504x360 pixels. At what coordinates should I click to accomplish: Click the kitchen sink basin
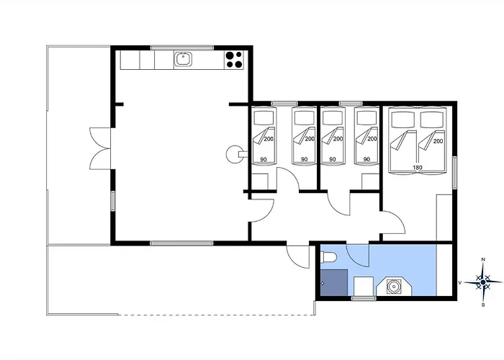(x=183, y=60)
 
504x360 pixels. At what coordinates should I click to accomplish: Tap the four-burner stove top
(x=234, y=60)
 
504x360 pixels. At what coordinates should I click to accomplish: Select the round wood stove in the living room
(x=236, y=154)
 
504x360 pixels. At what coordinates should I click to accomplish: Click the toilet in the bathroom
(x=328, y=257)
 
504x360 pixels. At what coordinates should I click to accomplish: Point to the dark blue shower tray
(x=334, y=282)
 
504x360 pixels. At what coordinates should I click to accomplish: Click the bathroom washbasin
(x=394, y=286)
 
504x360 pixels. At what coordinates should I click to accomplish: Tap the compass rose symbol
(x=483, y=282)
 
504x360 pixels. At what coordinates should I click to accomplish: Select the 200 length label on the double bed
(x=438, y=141)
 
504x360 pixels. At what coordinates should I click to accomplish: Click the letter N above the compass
(x=483, y=259)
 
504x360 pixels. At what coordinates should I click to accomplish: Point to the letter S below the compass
(x=483, y=305)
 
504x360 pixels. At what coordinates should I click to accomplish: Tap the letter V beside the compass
(x=459, y=282)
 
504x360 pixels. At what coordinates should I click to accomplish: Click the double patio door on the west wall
(x=100, y=148)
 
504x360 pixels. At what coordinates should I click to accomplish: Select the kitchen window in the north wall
(x=182, y=48)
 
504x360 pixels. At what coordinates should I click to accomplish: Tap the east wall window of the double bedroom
(x=454, y=173)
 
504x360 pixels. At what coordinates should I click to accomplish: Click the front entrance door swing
(x=298, y=257)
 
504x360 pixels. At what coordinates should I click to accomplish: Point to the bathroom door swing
(x=357, y=256)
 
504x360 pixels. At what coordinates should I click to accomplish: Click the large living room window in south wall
(x=181, y=243)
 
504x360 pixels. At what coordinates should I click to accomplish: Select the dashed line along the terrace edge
(x=217, y=315)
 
